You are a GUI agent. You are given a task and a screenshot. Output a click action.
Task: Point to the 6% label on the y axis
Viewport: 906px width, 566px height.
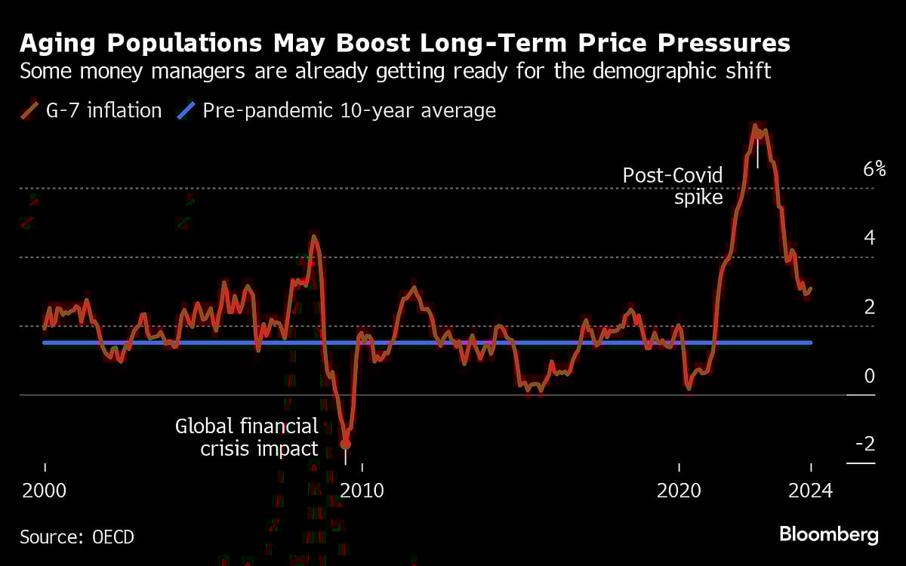(874, 169)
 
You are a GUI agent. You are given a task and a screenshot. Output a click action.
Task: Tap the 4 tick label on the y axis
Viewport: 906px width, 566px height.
(870, 238)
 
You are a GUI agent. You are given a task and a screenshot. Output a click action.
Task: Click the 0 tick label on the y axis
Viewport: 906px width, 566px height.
(870, 377)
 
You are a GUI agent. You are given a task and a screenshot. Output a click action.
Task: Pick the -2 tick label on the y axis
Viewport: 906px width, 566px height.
(865, 444)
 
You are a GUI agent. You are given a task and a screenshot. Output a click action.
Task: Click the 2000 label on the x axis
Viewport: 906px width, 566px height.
(45, 491)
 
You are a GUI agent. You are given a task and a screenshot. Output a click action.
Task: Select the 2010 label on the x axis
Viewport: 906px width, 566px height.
(362, 491)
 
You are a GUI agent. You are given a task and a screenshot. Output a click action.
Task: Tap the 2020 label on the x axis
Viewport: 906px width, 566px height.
(679, 491)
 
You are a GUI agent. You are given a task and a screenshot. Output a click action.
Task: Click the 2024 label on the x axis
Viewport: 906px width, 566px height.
(811, 491)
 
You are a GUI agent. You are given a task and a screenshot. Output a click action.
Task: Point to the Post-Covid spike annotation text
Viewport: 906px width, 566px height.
(673, 186)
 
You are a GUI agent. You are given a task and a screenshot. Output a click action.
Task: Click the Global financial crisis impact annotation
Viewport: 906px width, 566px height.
(247, 437)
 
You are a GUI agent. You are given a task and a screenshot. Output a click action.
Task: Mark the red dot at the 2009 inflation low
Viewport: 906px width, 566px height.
(346, 444)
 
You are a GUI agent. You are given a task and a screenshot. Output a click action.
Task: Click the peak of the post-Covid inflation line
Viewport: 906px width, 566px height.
(754, 126)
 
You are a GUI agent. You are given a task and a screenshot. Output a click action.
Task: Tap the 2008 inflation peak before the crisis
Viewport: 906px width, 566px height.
(314, 238)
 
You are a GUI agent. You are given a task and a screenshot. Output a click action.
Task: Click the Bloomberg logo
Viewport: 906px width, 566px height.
(828, 535)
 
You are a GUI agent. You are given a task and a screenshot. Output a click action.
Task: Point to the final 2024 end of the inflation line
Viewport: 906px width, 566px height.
(811, 288)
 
